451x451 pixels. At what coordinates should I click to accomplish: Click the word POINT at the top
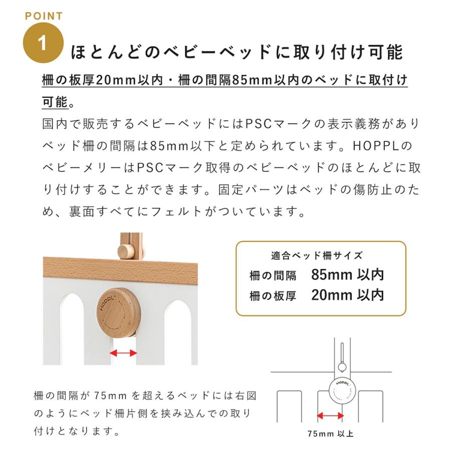pos(44,16)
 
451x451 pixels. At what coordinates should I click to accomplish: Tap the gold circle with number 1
pos(44,44)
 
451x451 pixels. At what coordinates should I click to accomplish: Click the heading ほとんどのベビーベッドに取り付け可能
pos(237,52)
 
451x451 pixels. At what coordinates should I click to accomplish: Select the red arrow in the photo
pos(123,353)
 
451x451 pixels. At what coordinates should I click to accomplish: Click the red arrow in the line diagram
pos(330,415)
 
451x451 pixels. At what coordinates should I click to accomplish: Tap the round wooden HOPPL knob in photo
pos(116,308)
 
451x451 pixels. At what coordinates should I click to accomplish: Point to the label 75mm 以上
pos(331,434)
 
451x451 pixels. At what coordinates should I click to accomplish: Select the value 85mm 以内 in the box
pos(347,275)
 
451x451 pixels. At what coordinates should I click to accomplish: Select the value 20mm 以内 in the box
pos(347,295)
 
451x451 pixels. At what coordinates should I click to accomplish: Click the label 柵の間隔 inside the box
pos(273,276)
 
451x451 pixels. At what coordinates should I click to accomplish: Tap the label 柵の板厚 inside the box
pos(273,296)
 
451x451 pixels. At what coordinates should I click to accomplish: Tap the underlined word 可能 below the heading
pos(54,102)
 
